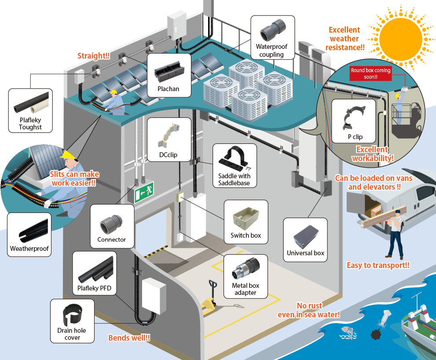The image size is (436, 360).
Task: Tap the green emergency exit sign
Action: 144,192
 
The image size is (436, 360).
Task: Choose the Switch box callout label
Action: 245,235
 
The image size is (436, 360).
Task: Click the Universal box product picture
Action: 305,235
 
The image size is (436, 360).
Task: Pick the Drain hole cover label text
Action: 72,334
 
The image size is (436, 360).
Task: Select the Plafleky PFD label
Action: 94,289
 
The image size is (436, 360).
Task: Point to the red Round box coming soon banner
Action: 370,73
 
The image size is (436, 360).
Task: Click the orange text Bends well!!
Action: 129,338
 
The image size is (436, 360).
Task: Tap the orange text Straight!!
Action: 93,56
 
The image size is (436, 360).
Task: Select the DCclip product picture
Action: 169,136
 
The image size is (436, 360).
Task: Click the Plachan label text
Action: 169,88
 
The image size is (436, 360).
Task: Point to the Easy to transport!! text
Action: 378,265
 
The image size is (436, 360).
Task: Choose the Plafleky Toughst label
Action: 30,124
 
